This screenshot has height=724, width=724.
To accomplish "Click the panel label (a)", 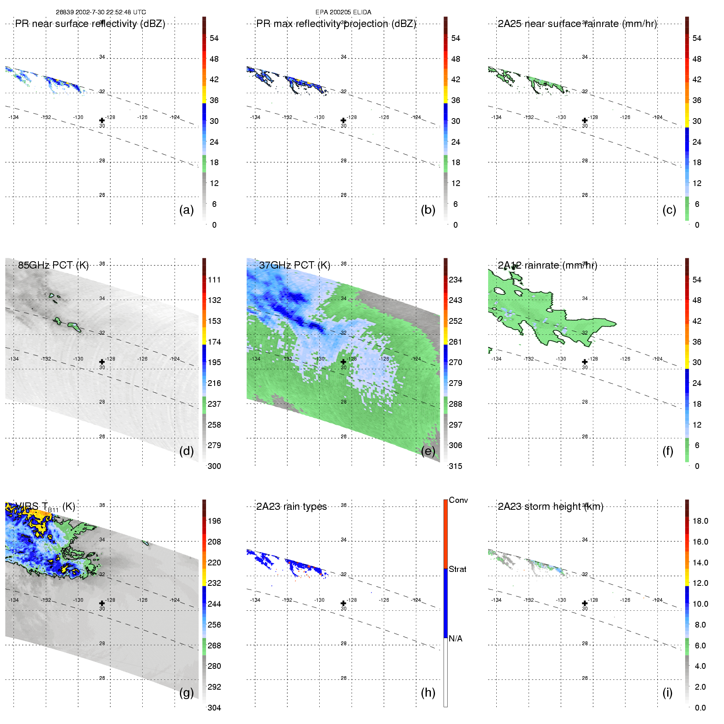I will [x=186, y=210].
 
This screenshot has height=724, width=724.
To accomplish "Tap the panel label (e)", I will [x=428, y=451].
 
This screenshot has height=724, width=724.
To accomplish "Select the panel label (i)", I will [x=667, y=693].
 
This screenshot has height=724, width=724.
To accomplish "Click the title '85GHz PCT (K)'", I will [x=53, y=265].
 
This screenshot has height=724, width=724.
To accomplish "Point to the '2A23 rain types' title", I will [x=291, y=507].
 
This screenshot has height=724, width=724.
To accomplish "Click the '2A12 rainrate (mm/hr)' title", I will [x=547, y=265].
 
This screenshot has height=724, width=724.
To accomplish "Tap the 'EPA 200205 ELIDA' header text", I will [x=343, y=12].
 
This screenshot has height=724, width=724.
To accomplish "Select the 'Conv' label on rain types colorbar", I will [x=458, y=500].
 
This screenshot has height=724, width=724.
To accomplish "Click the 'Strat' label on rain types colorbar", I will [x=457, y=569].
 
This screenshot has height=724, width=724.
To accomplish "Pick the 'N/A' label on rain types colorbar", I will [x=455, y=639].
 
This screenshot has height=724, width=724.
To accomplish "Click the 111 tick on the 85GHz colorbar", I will [x=214, y=280].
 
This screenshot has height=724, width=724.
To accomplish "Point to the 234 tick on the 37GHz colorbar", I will [x=455, y=280].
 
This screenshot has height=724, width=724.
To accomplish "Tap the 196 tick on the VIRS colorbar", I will [x=214, y=521].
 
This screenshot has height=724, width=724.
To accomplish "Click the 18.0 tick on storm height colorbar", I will [x=700, y=521].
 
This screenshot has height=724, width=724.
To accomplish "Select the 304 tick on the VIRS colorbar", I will [x=214, y=708].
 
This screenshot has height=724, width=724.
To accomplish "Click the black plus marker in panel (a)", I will [x=102, y=121].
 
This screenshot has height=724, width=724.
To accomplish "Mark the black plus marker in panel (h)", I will [x=343, y=603].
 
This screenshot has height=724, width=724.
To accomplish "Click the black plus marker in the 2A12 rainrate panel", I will [x=585, y=362].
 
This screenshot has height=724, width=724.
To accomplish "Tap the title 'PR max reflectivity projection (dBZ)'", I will [x=336, y=24].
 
